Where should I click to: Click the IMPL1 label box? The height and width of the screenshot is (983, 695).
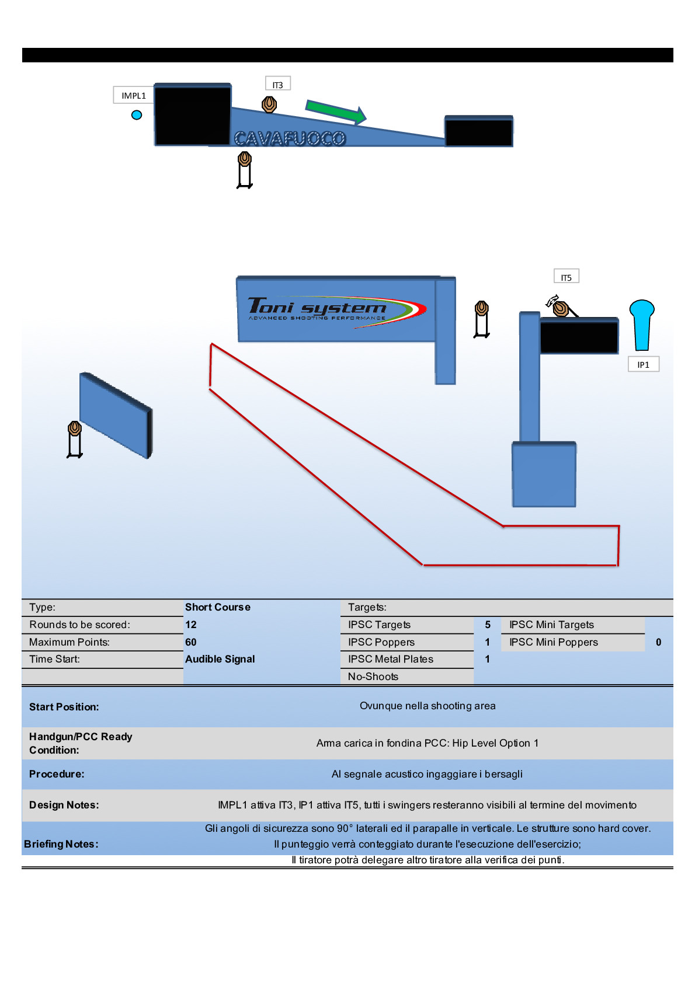point(134,95)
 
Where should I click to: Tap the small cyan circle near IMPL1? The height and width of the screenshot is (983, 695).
point(137,115)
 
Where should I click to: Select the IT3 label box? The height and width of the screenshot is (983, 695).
point(277,85)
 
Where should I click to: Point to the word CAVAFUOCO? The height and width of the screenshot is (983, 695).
point(290,138)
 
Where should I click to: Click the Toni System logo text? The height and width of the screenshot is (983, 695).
point(318,308)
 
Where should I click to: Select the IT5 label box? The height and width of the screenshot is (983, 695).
point(566,277)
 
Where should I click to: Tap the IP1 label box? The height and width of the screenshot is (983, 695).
point(643,364)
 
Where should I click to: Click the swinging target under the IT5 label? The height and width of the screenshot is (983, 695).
point(560,307)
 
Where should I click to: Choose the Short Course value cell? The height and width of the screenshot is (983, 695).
point(218,607)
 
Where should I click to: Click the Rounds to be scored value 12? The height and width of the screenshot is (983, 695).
point(191,625)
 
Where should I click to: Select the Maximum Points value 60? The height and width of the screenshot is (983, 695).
point(191,642)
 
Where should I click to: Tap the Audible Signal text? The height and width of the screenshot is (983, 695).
point(220,659)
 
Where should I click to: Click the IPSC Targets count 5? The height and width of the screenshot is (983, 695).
point(488,625)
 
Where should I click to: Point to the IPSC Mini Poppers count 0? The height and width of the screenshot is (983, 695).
point(658,642)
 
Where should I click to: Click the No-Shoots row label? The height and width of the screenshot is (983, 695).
point(373,677)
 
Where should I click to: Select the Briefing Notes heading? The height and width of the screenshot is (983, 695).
point(61,844)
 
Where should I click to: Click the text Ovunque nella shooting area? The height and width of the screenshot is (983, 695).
point(428,706)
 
